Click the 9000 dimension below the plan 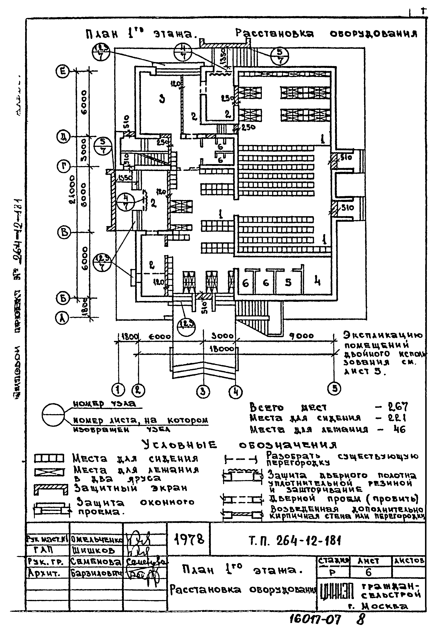click(x=302, y=336)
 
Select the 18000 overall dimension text click(x=222, y=349)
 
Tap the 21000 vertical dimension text click(x=72, y=189)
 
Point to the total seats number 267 click(x=398, y=407)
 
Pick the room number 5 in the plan click(x=288, y=282)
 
